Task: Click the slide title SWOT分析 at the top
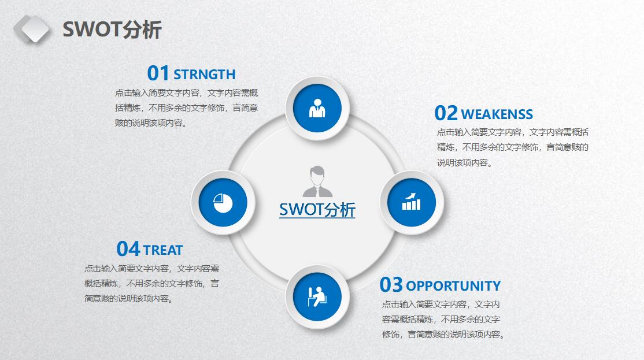click(112, 30)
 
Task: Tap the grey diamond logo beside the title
click(32, 29)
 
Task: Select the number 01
click(158, 73)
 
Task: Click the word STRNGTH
click(205, 75)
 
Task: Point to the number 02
click(446, 113)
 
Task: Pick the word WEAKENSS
click(497, 114)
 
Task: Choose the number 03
click(391, 285)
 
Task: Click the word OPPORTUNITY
click(453, 286)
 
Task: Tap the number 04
click(128, 249)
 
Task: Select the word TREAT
click(163, 250)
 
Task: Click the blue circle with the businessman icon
click(317, 109)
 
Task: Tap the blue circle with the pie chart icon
click(223, 203)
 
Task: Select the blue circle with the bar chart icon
click(412, 203)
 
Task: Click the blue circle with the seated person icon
click(317, 297)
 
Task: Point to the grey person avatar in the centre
click(317, 181)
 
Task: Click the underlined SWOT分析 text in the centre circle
click(317, 210)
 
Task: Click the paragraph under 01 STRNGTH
click(187, 108)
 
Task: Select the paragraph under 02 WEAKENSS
click(513, 147)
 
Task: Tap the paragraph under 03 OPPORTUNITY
click(443, 320)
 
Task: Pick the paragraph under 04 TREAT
click(152, 284)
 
